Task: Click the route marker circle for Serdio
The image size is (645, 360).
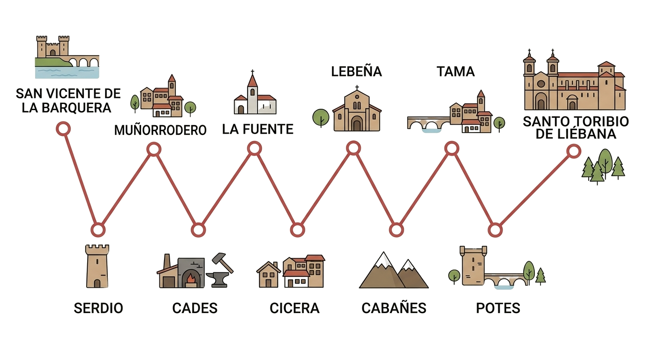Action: (98, 230)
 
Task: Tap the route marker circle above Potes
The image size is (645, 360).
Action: (495, 230)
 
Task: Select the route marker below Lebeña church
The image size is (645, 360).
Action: (353, 148)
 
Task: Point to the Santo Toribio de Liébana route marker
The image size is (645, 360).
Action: (573, 151)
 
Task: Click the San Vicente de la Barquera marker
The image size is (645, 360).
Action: (63, 128)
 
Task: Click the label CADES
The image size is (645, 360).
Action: (195, 308)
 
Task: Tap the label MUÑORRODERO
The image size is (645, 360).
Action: (160, 130)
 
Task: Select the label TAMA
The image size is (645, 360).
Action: (456, 71)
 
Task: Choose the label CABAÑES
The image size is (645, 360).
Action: (394, 307)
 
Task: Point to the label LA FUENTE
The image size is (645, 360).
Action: (258, 129)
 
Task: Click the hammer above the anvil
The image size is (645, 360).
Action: (223, 262)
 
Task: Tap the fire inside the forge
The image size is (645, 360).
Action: (190, 278)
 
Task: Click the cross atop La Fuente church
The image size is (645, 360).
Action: (253, 72)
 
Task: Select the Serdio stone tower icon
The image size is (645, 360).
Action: (97, 266)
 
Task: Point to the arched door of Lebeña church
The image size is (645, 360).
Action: (357, 124)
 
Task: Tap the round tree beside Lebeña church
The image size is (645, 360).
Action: (321, 118)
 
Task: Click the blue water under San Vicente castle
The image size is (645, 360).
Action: (67, 73)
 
